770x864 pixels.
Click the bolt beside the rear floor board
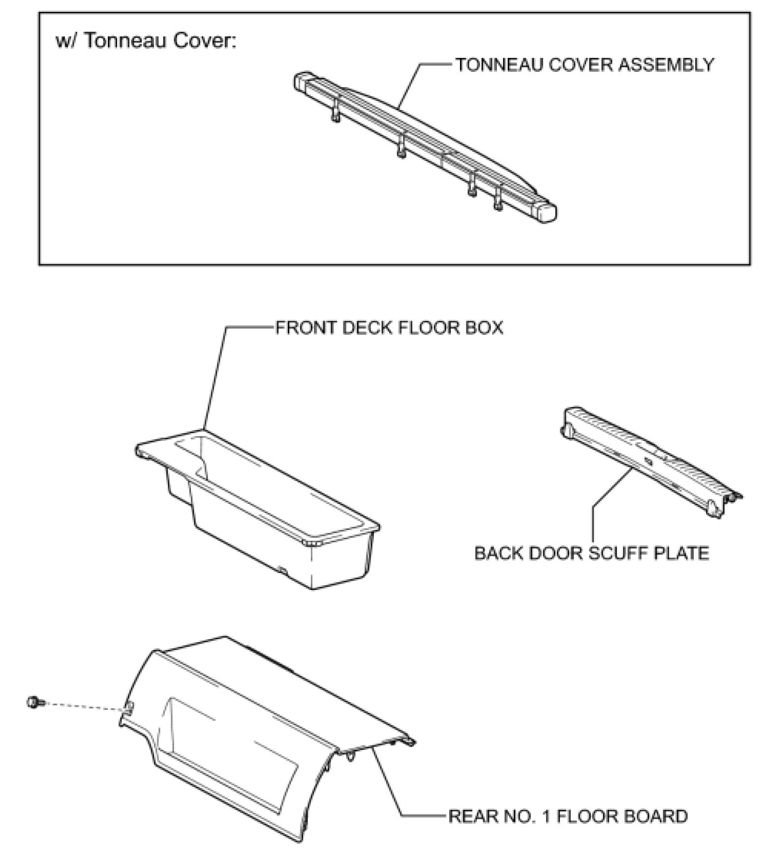[x=35, y=701]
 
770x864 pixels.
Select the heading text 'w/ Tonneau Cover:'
[x=146, y=40]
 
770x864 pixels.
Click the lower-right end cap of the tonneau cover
[x=547, y=213]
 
